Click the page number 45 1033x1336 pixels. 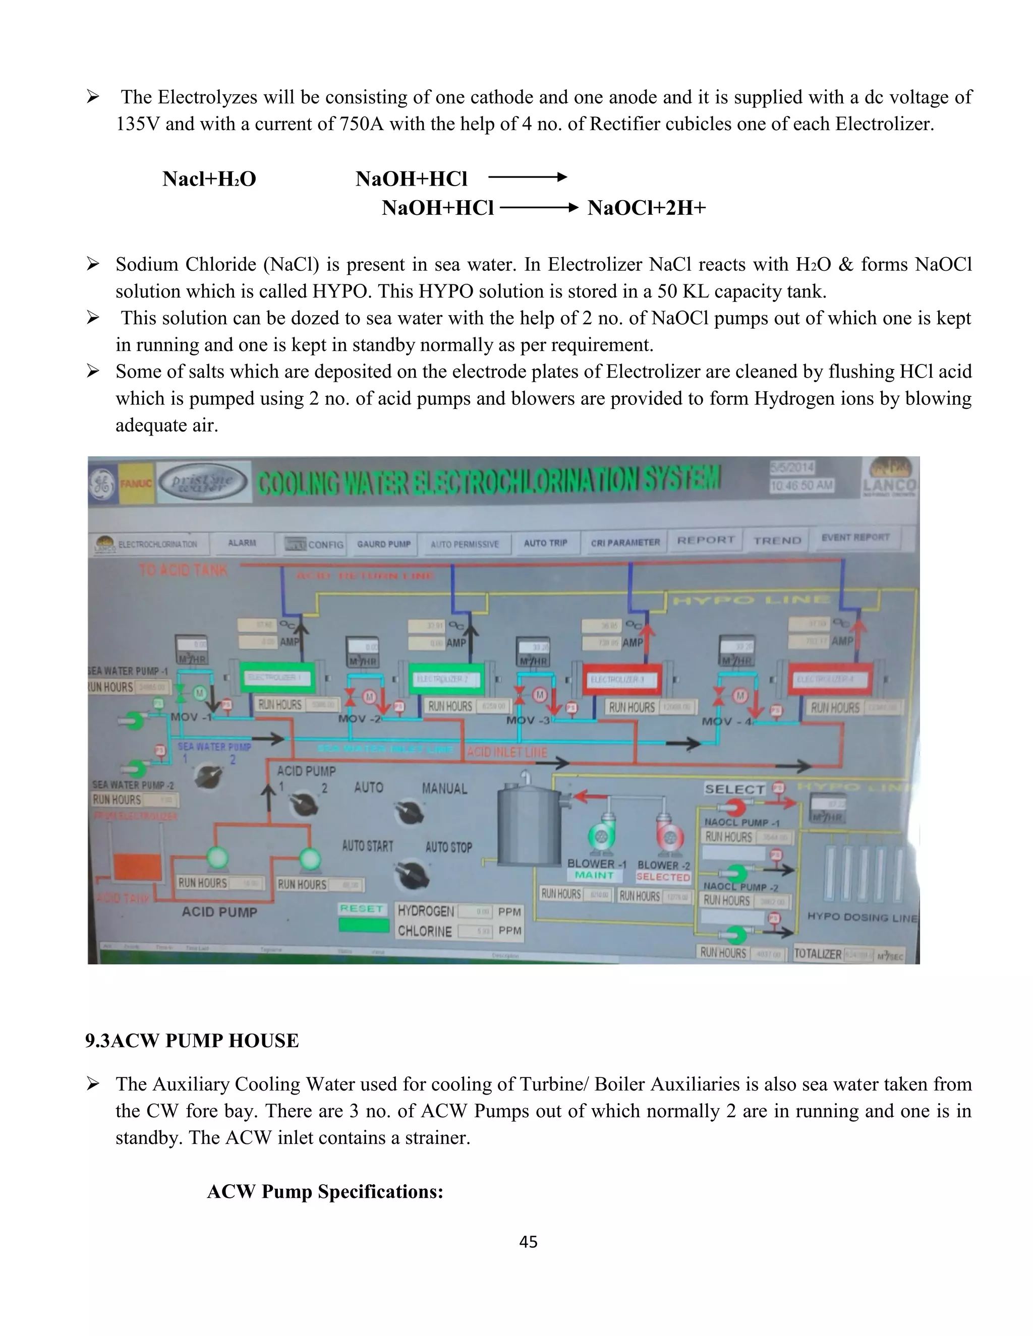(x=528, y=1241)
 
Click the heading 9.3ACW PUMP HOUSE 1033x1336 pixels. (x=192, y=1040)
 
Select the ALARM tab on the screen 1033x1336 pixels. (x=242, y=543)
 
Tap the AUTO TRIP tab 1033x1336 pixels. (x=545, y=543)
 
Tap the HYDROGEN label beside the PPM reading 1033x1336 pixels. (x=425, y=912)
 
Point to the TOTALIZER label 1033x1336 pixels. (x=817, y=954)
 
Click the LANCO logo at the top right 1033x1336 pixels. (x=890, y=477)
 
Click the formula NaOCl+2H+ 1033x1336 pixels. (x=646, y=208)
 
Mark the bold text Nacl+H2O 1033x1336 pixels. (x=209, y=178)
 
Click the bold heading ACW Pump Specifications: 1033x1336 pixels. (x=325, y=1192)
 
